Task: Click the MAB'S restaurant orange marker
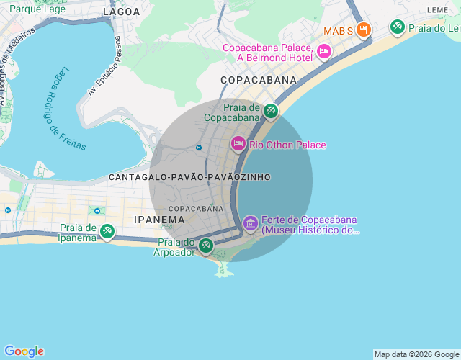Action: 363,30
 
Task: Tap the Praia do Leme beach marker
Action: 397,27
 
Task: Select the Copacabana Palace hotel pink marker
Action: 323,51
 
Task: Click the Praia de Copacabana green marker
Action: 270,111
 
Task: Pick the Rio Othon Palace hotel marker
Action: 238,144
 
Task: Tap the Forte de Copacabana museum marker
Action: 250,223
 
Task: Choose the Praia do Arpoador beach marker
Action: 205,246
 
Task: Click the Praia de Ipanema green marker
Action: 107,231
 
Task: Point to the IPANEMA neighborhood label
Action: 159,219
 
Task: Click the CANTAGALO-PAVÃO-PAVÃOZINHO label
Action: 189,176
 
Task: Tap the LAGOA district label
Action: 122,12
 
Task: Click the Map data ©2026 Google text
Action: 416,354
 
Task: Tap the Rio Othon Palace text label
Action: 287,145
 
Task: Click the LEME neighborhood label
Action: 437,9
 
